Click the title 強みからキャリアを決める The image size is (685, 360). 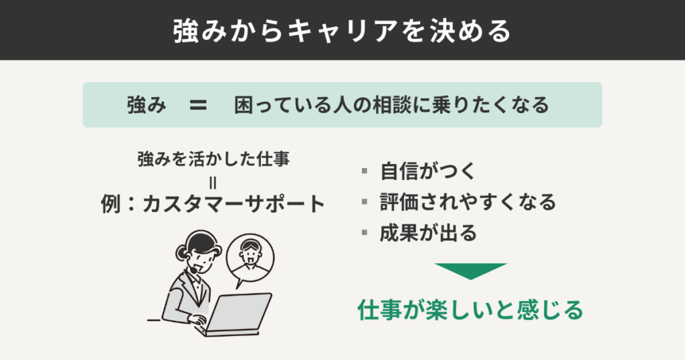tap(342, 30)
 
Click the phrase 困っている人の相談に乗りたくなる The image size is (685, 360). tap(391, 105)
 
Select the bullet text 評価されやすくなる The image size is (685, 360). tap(468, 201)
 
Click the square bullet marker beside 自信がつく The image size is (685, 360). tap(365, 171)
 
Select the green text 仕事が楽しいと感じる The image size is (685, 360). tap(470, 310)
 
